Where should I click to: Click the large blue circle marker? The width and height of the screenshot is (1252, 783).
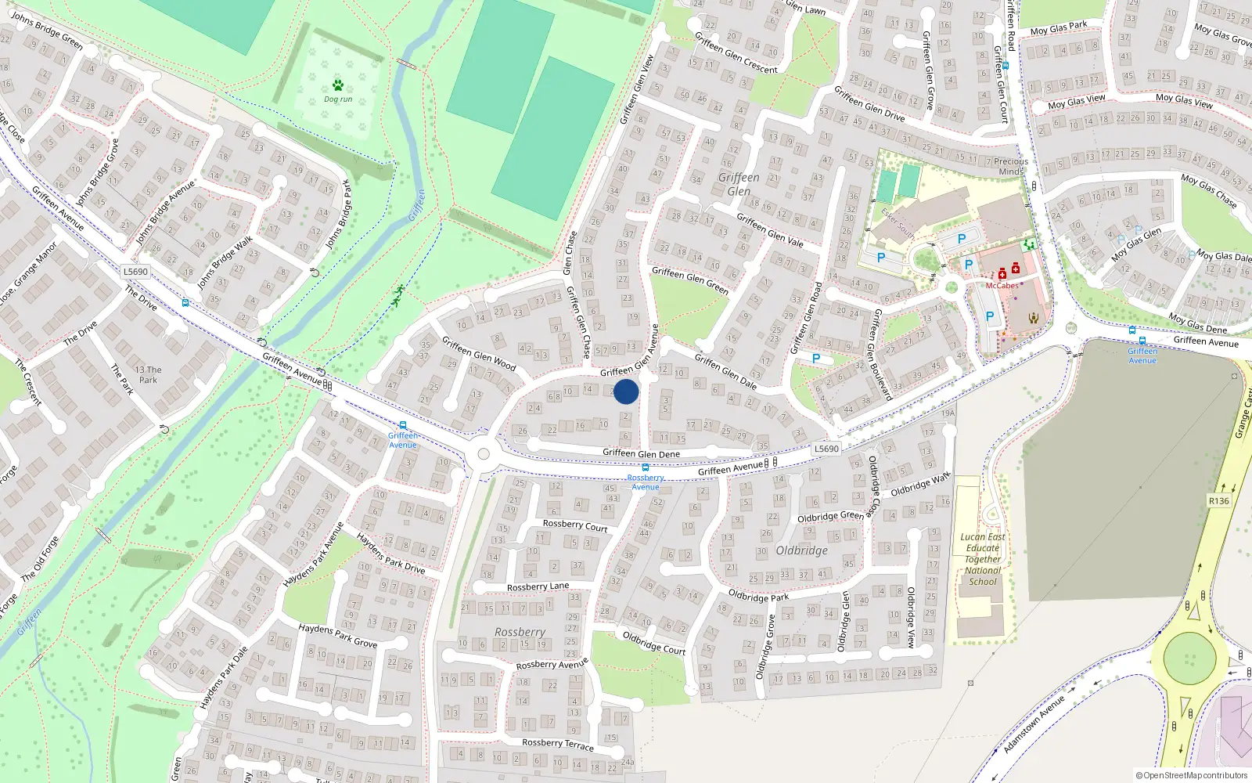626,391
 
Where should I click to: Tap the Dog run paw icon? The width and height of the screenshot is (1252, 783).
338,85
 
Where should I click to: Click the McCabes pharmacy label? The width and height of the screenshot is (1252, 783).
1002,286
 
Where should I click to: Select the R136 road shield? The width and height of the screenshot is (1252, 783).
1218,501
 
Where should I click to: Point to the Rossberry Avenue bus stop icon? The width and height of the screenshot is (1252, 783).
646,467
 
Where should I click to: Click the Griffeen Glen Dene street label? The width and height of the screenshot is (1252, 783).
641,453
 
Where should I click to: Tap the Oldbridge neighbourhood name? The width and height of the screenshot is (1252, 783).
801,550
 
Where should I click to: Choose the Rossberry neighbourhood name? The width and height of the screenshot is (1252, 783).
520,632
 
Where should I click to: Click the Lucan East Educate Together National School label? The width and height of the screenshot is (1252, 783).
983,559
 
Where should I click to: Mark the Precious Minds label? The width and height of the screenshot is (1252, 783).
1011,166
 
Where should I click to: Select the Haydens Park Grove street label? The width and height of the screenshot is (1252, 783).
337,635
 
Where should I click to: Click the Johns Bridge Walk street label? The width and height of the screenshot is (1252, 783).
225,262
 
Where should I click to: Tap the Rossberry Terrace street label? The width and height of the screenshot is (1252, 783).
557,744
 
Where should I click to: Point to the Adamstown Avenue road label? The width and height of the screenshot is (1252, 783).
1034,724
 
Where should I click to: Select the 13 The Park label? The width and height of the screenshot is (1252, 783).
148,374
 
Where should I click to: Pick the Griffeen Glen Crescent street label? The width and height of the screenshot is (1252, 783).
736,53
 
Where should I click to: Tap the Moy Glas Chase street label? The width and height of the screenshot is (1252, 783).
1208,191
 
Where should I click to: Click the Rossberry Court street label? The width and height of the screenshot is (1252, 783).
575,525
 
